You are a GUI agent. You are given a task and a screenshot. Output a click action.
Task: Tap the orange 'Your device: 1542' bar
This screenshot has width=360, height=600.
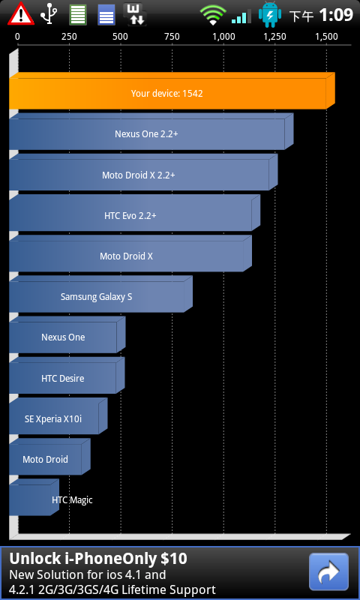coord(172,91)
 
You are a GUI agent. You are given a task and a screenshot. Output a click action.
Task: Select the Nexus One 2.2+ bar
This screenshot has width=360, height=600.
coord(151,132)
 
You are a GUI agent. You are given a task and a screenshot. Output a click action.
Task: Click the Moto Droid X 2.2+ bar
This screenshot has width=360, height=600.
coord(143,172)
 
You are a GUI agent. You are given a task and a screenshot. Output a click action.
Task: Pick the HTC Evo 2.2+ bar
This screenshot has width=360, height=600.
coord(134,213)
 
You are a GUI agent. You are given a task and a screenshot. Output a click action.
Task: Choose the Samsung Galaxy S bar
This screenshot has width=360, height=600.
coord(100,294)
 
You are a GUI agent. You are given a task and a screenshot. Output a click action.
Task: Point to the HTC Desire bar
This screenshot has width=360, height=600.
coord(67,376)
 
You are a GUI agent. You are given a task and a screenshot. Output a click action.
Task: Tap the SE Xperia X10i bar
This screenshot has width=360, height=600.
coord(58,416)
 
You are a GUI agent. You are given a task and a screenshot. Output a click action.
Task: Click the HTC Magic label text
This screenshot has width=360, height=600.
coord(72,500)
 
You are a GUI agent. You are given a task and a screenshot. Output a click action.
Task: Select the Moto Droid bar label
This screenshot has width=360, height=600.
coord(45,459)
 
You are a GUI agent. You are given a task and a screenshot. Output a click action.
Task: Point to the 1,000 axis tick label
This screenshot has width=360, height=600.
coord(223,37)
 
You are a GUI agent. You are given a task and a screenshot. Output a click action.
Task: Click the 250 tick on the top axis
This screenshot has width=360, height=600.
coord(69,37)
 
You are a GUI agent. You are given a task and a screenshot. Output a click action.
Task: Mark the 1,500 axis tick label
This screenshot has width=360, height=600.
coord(326,37)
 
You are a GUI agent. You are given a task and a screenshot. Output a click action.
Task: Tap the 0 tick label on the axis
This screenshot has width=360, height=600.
coord(17,37)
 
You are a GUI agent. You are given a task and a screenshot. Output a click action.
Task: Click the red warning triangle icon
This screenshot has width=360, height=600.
coord(21,14)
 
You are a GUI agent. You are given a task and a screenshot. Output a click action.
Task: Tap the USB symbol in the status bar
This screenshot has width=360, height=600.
coord(49,14)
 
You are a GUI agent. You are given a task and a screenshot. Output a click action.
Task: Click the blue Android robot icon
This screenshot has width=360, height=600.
coord(270,14)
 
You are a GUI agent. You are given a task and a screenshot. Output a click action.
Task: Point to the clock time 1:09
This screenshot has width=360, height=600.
coord(335,15)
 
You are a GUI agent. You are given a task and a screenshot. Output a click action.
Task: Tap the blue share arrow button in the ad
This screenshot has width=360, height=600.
coord(328,571)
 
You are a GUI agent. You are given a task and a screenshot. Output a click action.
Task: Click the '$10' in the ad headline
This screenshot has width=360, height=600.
coord(174,559)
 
